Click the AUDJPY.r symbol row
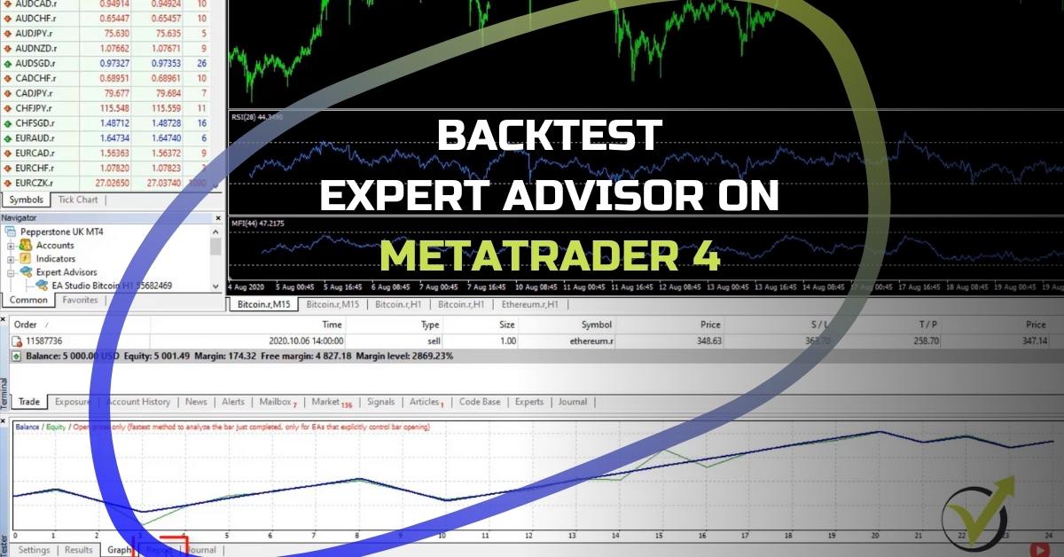coord(35,33)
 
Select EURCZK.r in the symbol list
coord(35,182)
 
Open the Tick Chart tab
coord(78,200)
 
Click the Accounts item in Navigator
coord(55,245)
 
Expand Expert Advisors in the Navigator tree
coord(12,272)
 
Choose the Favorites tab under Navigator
coord(80,300)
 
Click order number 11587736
coord(43,341)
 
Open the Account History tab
coord(138,402)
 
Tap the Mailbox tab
coord(277,402)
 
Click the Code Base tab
coord(479,402)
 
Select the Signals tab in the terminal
coord(380,402)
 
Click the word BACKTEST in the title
coord(550,136)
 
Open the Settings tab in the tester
coord(34,550)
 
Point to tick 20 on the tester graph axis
coord(874,536)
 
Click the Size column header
coord(506,325)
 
